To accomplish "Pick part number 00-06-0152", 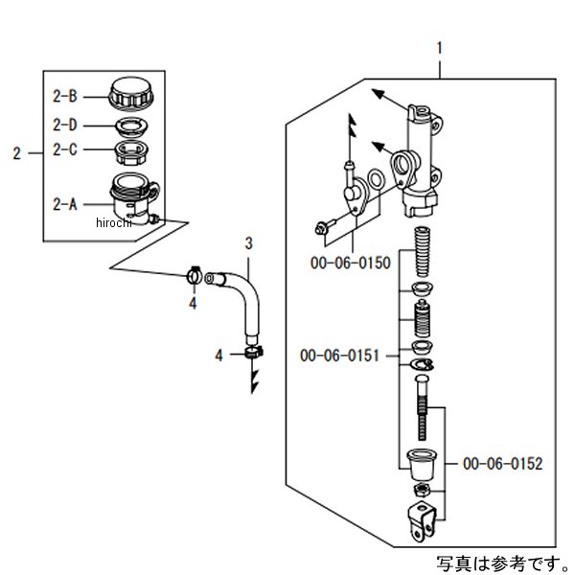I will [502, 463].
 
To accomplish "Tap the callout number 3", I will [247, 242].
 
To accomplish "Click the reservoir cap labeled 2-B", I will [129, 96].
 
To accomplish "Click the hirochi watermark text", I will [116, 222].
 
